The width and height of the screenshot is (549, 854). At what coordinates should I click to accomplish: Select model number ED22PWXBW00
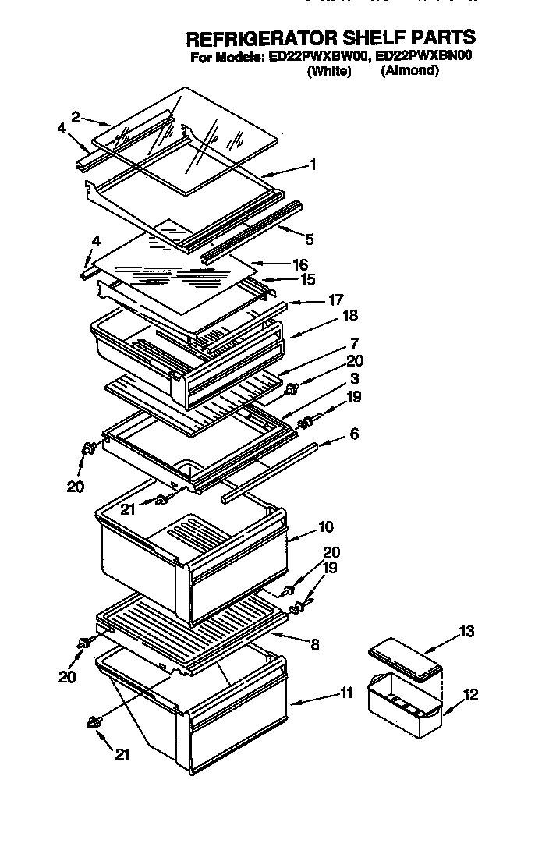pyautogui.click(x=319, y=55)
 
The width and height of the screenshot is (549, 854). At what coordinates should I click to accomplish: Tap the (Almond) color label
pyautogui.click(x=409, y=70)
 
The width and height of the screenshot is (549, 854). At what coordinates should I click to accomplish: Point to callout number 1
pyautogui.click(x=313, y=165)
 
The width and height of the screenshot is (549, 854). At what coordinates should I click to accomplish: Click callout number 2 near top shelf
pyautogui.click(x=75, y=117)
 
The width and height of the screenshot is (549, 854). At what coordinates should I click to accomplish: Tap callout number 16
pyautogui.click(x=299, y=264)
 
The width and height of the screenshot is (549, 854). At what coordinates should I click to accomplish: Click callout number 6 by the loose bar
pyautogui.click(x=354, y=434)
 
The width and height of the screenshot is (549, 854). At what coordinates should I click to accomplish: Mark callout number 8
pyautogui.click(x=314, y=644)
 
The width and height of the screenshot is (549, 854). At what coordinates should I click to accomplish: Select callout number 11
pyautogui.click(x=347, y=692)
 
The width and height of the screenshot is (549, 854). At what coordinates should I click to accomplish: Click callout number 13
pyautogui.click(x=466, y=632)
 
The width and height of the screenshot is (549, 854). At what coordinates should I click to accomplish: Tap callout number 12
pyautogui.click(x=472, y=694)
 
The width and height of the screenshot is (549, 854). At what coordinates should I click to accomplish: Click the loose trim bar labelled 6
pyautogui.click(x=269, y=472)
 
